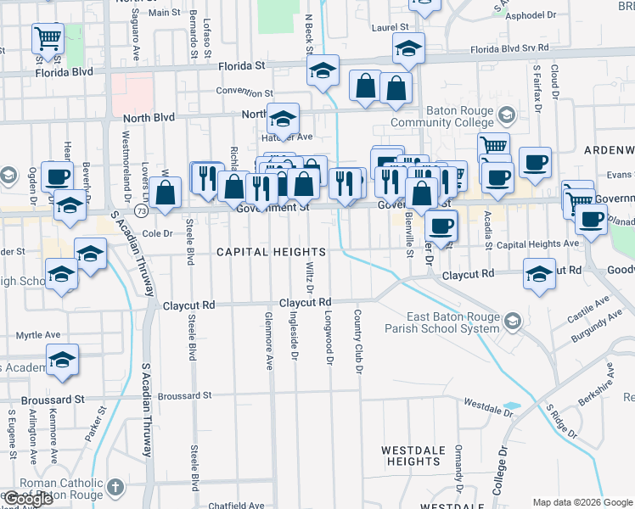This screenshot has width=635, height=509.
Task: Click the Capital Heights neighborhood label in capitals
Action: tap(271, 253)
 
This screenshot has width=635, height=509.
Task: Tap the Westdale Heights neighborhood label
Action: tap(411, 456)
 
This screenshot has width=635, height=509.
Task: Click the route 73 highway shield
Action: tap(139, 210)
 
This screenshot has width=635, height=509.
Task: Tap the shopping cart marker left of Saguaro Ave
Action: tap(48, 38)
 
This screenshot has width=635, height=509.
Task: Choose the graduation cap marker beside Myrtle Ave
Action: tap(62, 361)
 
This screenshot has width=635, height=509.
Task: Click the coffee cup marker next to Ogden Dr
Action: tap(57, 176)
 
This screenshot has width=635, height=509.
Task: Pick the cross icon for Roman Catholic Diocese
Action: tap(116, 488)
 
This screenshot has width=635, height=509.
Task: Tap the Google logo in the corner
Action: tap(28, 499)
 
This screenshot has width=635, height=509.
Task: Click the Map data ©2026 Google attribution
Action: tap(582, 502)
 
